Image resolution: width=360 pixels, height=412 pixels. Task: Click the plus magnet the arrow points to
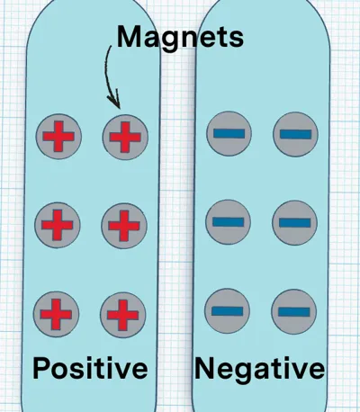click(125, 137)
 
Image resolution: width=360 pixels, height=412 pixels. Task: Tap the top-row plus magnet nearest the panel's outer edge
click(58, 137)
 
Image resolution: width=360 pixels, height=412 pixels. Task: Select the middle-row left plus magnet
click(58, 225)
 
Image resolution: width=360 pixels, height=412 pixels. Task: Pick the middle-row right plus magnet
click(124, 226)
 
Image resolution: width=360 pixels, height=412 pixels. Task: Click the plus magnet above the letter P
click(56, 314)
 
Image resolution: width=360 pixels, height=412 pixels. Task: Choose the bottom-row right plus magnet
click(123, 315)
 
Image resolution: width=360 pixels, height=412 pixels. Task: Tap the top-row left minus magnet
click(229, 133)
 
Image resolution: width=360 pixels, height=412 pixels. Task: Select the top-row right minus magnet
click(295, 134)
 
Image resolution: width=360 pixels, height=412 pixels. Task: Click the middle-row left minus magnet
click(228, 222)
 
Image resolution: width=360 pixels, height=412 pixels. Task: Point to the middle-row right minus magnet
click(294, 223)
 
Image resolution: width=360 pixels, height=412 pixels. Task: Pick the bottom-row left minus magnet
click(227, 311)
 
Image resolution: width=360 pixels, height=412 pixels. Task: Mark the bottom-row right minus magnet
click(293, 312)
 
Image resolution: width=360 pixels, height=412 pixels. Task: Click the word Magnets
click(180, 38)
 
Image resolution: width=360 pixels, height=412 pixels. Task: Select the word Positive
click(90, 368)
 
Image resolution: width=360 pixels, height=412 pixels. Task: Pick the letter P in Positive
click(40, 368)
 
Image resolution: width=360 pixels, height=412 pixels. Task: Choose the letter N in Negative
click(205, 368)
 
